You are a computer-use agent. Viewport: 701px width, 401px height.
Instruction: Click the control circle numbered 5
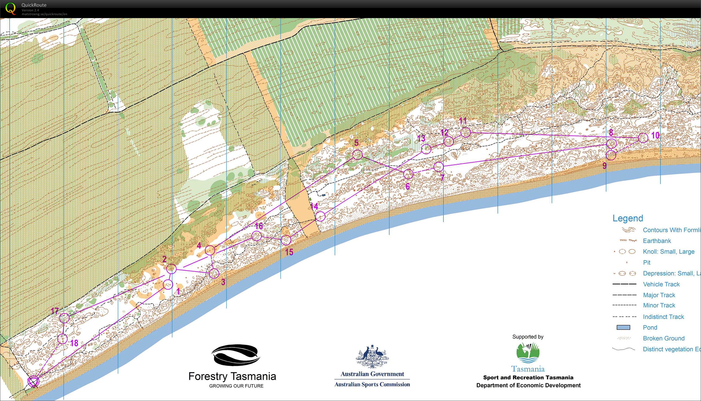coord(358,154)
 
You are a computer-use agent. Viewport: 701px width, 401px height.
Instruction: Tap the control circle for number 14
coord(320,217)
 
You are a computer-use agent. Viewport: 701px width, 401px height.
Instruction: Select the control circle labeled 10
coord(643,138)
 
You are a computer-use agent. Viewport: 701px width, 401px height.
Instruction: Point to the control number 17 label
coord(55,311)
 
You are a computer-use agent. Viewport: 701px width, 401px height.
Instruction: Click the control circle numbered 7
coord(439,166)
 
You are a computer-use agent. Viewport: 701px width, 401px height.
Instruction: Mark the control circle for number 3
coord(214,273)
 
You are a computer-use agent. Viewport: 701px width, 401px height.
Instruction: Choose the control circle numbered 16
coord(257,236)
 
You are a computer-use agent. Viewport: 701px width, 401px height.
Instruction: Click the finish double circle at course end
coord(33,382)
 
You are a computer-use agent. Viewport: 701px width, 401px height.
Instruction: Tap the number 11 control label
coord(463,121)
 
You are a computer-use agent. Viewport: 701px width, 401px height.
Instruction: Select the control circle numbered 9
coord(611,155)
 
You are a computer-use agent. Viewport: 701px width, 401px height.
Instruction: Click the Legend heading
coord(628,219)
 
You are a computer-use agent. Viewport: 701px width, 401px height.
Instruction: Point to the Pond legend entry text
coord(650,328)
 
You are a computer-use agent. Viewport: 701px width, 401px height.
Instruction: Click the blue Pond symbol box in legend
coord(623,328)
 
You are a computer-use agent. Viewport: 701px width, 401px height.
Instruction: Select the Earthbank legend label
coord(657,241)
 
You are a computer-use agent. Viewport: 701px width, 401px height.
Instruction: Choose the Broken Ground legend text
coord(664,338)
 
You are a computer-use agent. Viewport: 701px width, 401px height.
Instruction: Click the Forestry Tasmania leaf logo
coord(236,355)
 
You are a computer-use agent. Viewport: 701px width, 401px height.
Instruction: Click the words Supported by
coord(528,337)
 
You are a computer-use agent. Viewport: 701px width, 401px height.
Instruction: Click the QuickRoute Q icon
coord(10,8)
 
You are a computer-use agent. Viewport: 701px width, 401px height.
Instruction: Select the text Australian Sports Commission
coord(372,384)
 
